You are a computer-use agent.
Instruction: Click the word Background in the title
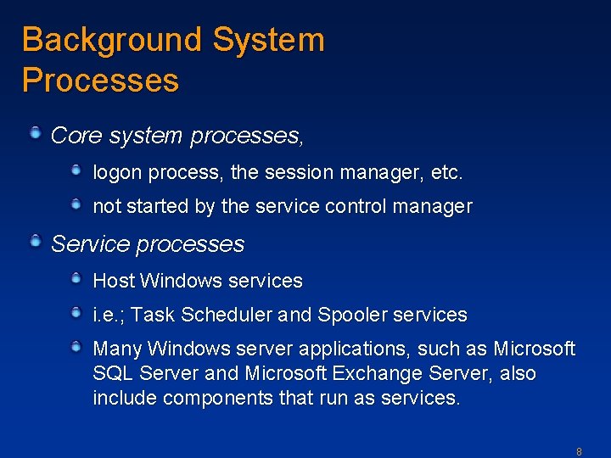coord(112,40)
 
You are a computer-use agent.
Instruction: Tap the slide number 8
coord(579,452)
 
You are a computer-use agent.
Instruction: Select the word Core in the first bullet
coord(71,135)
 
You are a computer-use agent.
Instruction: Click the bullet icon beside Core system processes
coord(36,132)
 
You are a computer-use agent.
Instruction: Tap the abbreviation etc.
coord(447,172)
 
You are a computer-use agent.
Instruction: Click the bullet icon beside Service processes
coord(36,243)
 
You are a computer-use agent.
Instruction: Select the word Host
coord(114,281)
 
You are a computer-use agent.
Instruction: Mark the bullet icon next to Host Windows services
coord(76,278)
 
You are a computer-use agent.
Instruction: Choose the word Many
coord(117,349)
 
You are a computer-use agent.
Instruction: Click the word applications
coord(341,349)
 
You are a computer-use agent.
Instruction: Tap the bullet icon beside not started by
coord(76,204)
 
